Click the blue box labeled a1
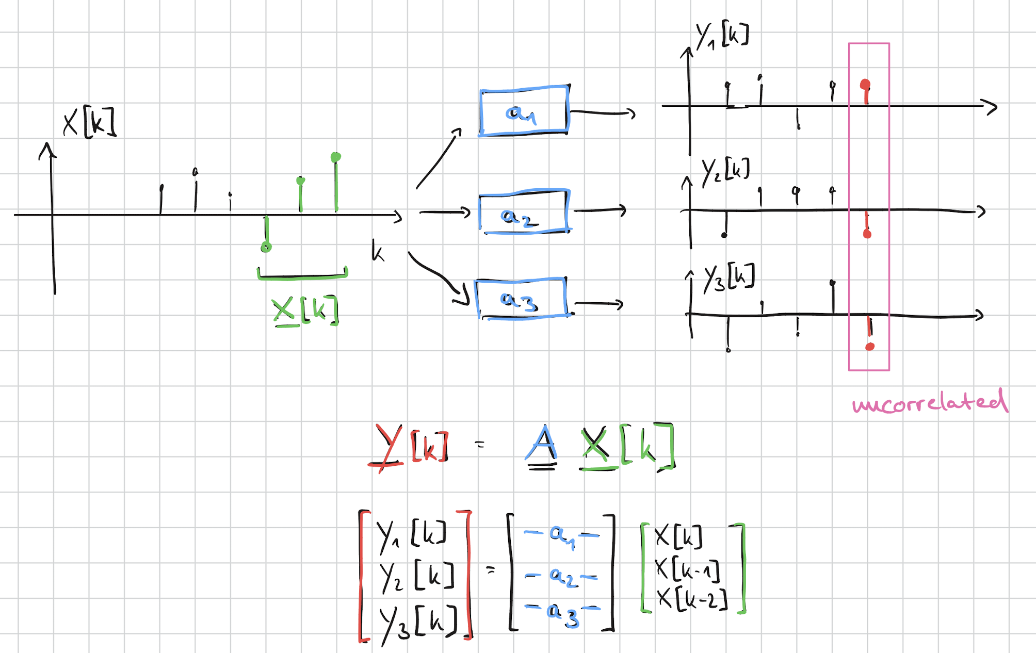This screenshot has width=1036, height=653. click(x=524, y=111)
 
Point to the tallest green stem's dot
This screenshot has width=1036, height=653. click(x=336, y=157)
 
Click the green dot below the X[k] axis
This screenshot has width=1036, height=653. click(x=266, y=247)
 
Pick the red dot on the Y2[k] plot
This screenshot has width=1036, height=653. click(x=867, y=234)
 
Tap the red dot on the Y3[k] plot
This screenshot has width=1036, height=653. click(x=870, y=346)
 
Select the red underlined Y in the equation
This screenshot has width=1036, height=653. click(x=387, y=447)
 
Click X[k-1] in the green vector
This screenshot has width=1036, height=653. click(x=687, y=569)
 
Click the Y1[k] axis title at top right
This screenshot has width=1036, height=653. click(x=722, y=36)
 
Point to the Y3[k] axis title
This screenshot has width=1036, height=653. click(x=729, y=277)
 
